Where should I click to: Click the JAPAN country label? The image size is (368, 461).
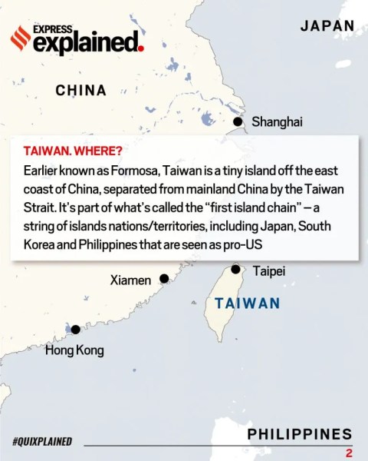[327, 25]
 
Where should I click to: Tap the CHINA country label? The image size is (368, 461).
[80, 91]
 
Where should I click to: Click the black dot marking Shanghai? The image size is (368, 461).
[238, 121]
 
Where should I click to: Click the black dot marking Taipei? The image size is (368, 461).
[236, 270]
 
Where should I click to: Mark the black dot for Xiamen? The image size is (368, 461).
[163, 279]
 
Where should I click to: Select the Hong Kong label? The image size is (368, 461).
[74, 350]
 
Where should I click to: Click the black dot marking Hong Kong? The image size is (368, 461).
[76, 330]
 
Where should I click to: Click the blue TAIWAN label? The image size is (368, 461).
[248, 303]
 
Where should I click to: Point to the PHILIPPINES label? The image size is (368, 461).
[300, 433]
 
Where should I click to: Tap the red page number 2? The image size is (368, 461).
[349, 453]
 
